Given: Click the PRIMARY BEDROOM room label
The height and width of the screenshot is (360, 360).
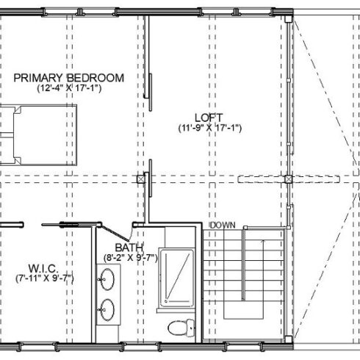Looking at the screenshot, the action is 69,78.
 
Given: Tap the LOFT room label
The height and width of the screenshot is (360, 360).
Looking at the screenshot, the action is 209,118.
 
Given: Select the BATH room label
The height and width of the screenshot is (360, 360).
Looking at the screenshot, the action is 129,248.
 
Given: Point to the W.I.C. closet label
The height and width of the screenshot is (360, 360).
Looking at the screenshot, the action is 43,269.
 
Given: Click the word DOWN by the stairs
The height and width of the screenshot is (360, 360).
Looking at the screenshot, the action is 223,226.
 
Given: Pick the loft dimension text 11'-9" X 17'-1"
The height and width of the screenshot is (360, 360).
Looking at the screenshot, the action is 210,128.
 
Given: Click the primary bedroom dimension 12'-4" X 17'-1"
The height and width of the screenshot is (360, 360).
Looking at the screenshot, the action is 69,88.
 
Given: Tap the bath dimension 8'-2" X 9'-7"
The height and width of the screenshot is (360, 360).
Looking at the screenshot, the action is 131,258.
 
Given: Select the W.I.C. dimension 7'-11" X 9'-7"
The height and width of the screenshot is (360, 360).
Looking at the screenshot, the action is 45,278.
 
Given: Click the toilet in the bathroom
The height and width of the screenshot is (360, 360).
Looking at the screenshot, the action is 181,328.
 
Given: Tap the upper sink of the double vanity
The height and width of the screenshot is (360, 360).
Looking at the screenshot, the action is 107,279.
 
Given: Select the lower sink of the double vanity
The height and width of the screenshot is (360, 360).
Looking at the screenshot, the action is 107,310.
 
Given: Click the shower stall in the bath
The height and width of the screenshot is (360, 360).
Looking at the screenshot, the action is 176,278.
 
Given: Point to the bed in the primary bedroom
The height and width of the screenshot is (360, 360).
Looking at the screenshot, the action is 38,135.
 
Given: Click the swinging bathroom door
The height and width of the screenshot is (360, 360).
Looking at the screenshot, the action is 115,233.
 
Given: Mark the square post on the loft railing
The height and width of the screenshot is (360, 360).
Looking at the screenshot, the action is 289,179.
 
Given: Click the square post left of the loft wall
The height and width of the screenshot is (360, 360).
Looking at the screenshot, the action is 141,179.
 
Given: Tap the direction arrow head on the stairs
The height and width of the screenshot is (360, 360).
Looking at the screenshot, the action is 263,242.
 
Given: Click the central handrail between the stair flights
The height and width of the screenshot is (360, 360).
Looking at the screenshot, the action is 244,264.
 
